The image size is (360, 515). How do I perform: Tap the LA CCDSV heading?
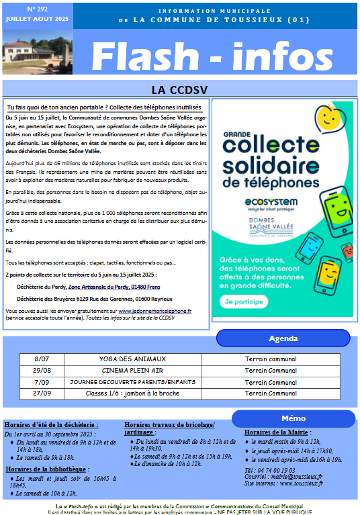pos(179,89)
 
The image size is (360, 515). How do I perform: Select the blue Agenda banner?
pos(283,338)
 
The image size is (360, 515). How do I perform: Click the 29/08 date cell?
pos(42,370)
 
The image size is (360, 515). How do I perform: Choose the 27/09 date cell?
pos(42,393)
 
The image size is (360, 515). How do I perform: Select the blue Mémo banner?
pos(294,418)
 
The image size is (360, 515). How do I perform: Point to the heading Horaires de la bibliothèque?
pos(46,469)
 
